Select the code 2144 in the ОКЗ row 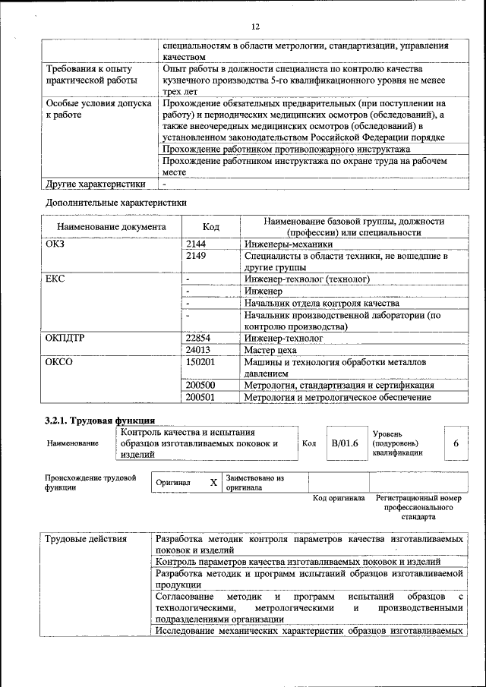(196, 244)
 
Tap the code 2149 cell (196, 257)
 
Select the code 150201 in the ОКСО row (200, 362)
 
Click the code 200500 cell (200, 385)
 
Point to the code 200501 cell (200, 396)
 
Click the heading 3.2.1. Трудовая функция (100, 420)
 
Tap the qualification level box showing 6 (456, 443)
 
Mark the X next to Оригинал (213, 482)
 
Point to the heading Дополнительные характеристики (115, 202)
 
